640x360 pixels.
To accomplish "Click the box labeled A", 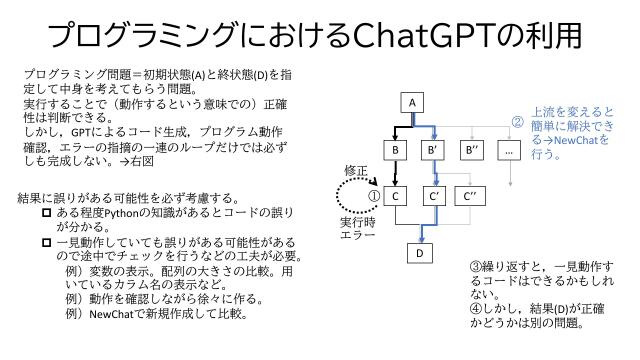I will [x=410, y=102].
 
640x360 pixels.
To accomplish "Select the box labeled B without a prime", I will [x=397, y=150].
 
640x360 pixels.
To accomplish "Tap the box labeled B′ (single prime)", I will [x=433, y=150].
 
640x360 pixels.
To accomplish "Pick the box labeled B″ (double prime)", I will [x=471, y=150].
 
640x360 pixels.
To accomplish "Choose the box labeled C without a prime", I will [x=397, y=196].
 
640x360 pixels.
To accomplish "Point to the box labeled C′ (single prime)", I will [x=433, y=196].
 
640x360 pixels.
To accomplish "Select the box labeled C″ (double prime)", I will [x=471, y=196].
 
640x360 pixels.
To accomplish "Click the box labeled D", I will [x=421, y=253].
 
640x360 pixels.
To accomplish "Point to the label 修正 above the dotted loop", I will [x=356, y=169].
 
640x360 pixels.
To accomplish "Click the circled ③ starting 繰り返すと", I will [x=475, y=268].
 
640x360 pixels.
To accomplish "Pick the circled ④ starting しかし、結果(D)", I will [x=475, y=310].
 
